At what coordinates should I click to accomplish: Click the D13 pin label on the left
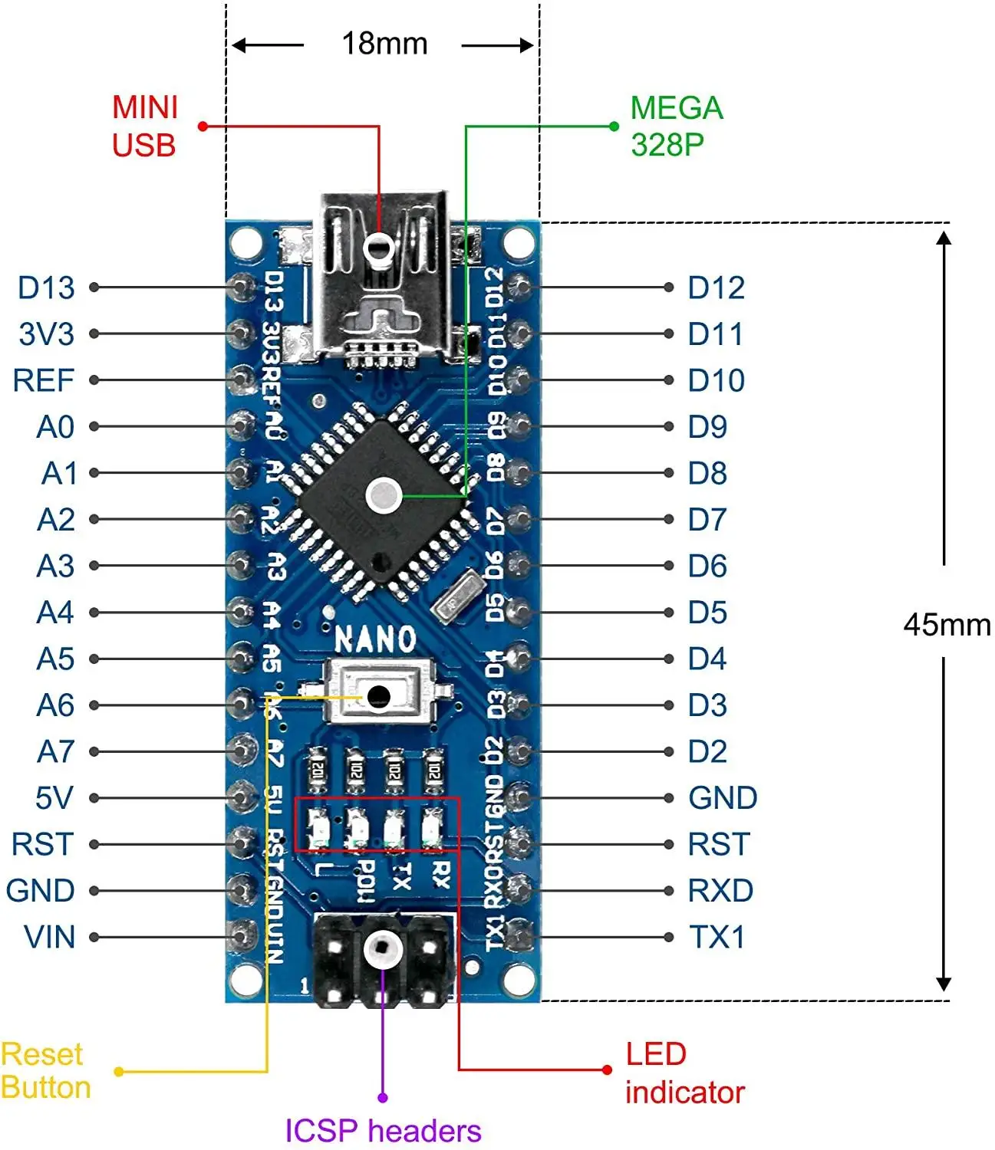pyautogui.click(x=46, y=288)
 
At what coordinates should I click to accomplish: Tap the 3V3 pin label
pyautogui.click(x=46, y=334)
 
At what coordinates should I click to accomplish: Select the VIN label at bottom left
pyautogui.click(x=50, y=938)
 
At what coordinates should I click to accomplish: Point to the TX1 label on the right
pyautogui.click(x=717, y=938)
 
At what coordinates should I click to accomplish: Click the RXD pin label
pyautogui.click(x=720, y=891)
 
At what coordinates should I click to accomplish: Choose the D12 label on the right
pyautogui.click(x=716, y=288)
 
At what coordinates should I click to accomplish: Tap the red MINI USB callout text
pyautogui.click(x=144, y=127)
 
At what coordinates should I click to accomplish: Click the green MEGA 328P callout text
pyautogui.click(x=676, y=127)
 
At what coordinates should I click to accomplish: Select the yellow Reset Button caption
pyautogui.click(x=46, y=1071)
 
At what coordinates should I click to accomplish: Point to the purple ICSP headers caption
pyautogui.click(x=383, y=1131)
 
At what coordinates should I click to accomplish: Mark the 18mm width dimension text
pyautogui.click(x=384, y=44)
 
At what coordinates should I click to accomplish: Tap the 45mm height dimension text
pyautogui.click(x=947, y=625)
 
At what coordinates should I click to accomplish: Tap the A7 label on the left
pyautogui.click(x=55, y=752)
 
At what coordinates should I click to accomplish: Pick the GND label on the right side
pyautogui.click(x=723, y=798)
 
